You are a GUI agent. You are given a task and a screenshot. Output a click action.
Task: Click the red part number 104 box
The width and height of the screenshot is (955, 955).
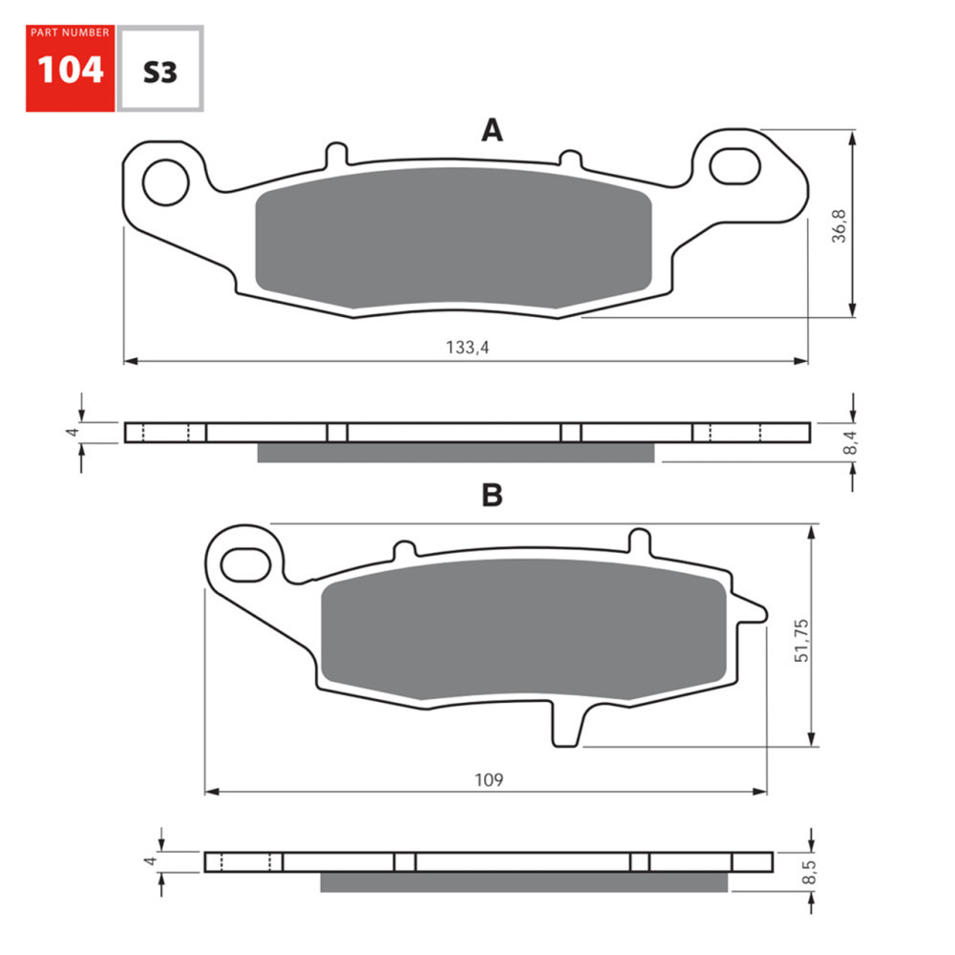tap(70, 69)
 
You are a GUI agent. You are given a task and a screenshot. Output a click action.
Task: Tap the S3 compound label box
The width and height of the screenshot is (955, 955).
tap(159, 70)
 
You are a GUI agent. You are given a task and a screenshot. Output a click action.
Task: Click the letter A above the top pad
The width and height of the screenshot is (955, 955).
tap(491, 131)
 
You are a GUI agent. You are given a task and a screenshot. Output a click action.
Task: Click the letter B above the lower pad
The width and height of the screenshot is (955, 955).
tap(492, 495)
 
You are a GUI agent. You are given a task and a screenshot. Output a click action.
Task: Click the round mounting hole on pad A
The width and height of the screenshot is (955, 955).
tap(167, 180)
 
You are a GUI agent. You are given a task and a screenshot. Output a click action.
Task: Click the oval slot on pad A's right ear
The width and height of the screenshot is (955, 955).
tap(735, 165)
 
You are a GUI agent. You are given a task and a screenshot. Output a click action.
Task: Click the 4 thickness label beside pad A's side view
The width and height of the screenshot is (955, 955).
tap(70, 433)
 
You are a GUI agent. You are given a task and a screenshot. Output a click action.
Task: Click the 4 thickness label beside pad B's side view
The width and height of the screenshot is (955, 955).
tap(149, 861)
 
